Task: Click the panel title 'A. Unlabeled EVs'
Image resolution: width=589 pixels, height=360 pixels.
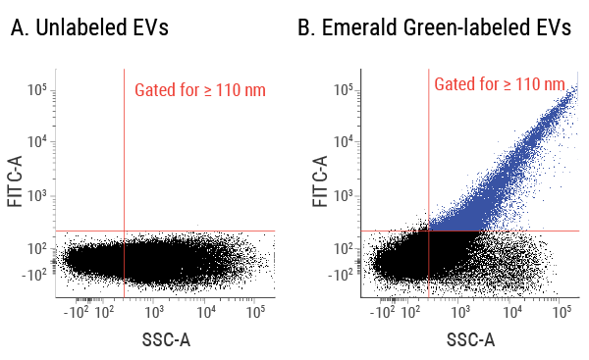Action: coord(89,28)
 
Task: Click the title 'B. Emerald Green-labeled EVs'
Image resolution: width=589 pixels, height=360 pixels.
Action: coord(434,28)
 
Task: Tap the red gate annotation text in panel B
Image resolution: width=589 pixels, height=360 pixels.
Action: coord(499,84)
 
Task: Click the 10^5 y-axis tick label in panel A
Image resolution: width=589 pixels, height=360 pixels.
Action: coord(37,90)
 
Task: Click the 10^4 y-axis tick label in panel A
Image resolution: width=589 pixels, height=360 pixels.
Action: coord(37,142)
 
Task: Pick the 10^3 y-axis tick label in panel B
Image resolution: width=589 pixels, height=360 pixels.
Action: coord(344,195)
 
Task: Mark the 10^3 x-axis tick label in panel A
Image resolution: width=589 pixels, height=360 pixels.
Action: coord(153,313)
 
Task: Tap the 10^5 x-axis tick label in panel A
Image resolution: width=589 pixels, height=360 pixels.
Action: coord(255,313)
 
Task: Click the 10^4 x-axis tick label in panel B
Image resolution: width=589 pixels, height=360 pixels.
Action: coord(511,313)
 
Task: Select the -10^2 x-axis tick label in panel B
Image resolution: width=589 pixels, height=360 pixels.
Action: coord(382,313)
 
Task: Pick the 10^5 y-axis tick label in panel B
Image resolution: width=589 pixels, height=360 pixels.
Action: coord(344,90)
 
